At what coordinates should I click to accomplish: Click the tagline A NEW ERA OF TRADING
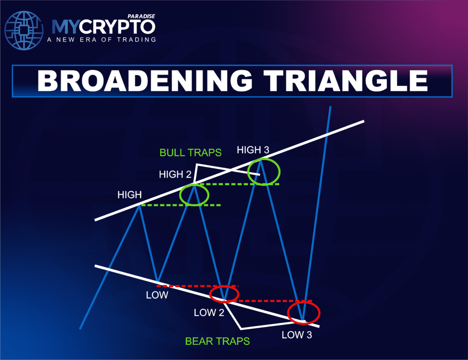click(101, 39)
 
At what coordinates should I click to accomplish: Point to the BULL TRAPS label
click(190, 152)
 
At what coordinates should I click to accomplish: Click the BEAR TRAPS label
click(218, 341)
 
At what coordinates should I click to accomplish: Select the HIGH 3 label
click(254, 150)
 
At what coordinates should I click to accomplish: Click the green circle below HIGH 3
click(264, 172)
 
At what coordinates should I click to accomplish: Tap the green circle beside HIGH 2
click(194, 195)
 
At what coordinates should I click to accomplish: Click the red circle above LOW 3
click(304, 313)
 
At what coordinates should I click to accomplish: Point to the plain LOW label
click(157, 295)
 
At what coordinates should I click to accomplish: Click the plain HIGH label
click(129, 195)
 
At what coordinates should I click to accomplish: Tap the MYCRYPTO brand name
click(103, 27)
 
